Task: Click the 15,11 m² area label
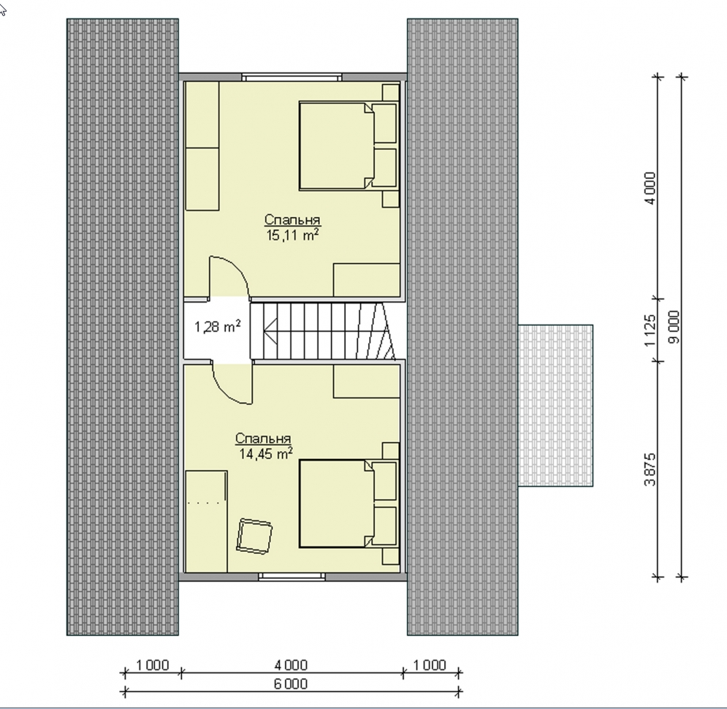click(x=292, y=235)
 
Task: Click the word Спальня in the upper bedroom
click(x=292, y=219)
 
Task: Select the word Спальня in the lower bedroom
click(x=263, y=439)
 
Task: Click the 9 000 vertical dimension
click(x=674, y=327)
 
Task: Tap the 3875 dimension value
click(x=651, y=469)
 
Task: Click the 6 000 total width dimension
click(x=291, y=683)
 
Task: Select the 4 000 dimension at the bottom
click(x=291, y=665)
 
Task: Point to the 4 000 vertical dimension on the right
click(x=651, y=189)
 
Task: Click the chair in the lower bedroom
click(x=254, y=536)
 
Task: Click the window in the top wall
click(x=292, y=77)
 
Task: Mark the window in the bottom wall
click(x=292, y=577)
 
